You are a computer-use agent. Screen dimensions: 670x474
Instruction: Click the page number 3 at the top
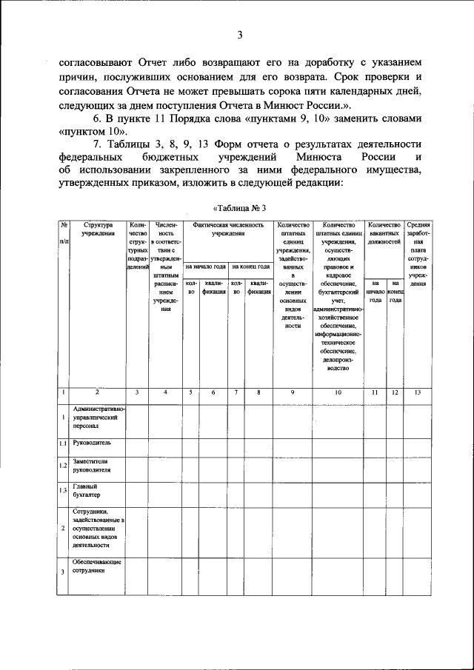coord(240,34)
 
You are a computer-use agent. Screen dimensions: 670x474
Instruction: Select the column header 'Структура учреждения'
coord(99,229)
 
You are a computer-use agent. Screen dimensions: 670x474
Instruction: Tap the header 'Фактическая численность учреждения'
coord(227,229)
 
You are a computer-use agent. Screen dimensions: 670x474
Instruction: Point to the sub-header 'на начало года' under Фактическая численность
coord(205,267)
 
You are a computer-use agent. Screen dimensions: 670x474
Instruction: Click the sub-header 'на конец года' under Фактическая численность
coord(250,267)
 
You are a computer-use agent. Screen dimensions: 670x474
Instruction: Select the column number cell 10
coord(338,392)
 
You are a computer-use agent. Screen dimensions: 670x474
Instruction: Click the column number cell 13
coord(418,392)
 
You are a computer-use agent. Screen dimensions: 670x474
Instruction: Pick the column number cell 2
coord(98,392)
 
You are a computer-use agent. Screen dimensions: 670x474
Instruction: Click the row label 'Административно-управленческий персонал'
coord(99,418)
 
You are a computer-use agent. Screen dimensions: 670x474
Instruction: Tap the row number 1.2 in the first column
coord(64,466)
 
